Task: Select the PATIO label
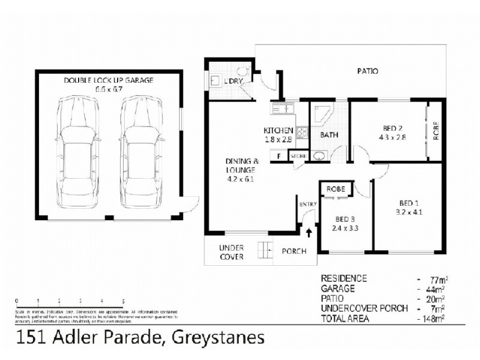tap(368, 71)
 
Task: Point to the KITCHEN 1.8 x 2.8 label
tap(279, 134)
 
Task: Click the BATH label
tap(328, 136)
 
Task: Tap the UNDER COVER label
tap(231, 252)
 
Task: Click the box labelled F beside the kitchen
tap(278, 157)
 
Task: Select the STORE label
tap(298, 157)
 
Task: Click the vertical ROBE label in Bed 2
tap(436, 131)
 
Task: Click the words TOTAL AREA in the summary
tap(347, 318)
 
